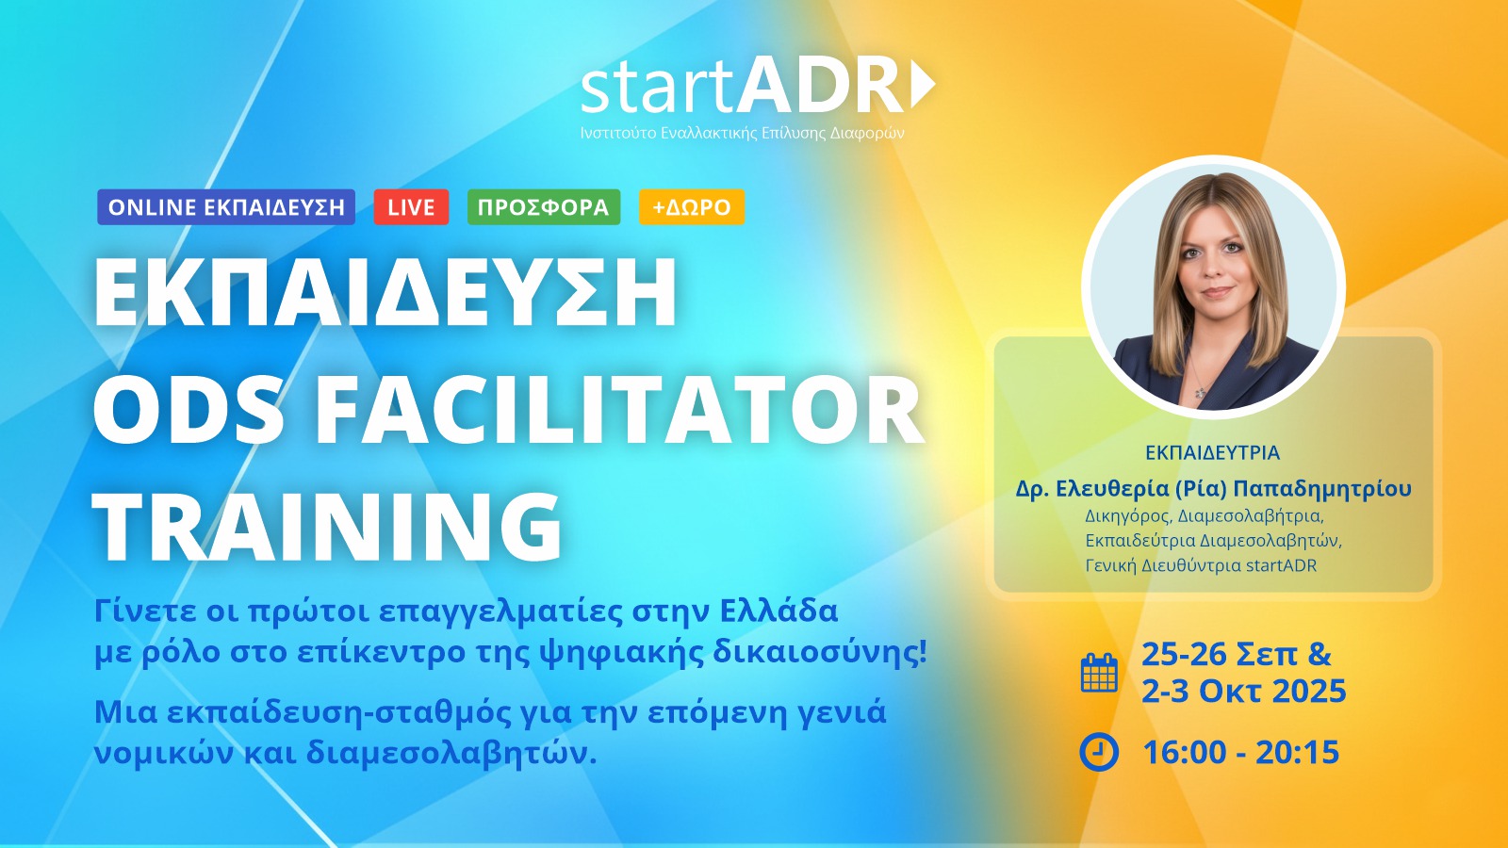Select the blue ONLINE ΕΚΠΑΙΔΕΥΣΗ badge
226,206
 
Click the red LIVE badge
411,206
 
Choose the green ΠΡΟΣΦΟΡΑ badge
543,206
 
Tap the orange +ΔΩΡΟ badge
692,206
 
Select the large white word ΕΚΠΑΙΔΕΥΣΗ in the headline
385,291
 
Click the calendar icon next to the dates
1099,672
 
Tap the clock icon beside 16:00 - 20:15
1099,752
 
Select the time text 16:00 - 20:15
1240,752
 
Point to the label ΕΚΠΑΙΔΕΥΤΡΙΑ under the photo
1212,453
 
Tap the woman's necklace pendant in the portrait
1199,392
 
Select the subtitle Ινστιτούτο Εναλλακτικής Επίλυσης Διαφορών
742,133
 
